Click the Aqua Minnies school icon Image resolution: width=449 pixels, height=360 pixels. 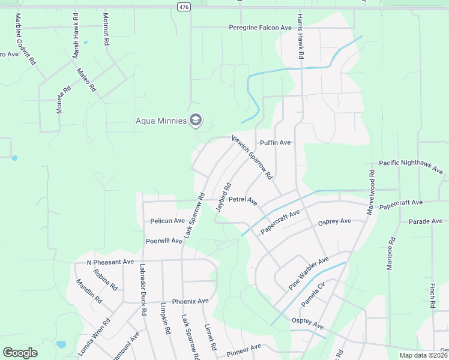(x=195, y=121)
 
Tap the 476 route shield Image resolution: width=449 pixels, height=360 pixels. (x=183, y=6)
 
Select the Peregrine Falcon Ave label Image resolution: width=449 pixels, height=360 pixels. (x=260, y=28)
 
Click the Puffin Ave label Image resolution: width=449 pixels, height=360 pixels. (x=276, y=143)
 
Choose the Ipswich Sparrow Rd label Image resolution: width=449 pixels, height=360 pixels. (x=253, y=158)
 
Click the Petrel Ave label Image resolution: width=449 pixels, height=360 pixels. (x=243, y=199)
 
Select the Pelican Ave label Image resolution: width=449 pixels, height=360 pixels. (x=167, y=221)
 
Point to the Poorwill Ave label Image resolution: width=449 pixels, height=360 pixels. (x=163, y=241)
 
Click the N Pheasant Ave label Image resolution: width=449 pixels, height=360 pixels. (x=110, y=262)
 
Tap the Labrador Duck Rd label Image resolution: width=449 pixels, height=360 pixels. (x=143, y=290)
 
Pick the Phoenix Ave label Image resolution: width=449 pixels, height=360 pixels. (x=190, y=301)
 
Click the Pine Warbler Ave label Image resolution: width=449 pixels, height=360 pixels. (x=309, y=274)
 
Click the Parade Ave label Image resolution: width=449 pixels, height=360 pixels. (x=425, y=221)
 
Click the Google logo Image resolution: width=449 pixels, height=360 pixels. (x=20, y=353)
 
